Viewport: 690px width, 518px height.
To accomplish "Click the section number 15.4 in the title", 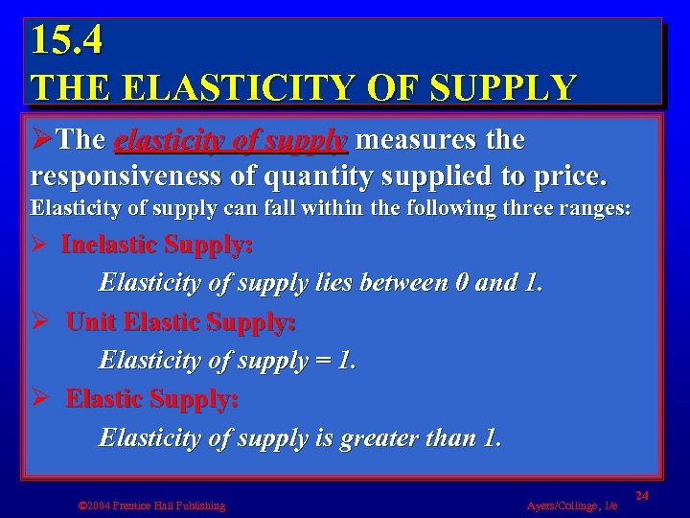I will coord(66,40).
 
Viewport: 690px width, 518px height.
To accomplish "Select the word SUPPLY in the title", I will coord(504,88).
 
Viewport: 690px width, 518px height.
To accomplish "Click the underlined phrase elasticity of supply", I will coord(230,141).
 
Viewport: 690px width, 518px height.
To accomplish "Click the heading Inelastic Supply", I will coord(157,246).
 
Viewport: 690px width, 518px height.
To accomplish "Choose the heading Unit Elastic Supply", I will coord(180,322).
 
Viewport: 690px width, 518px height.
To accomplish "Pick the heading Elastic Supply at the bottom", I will coord(152,399).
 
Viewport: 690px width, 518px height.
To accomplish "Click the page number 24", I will coord(642,493).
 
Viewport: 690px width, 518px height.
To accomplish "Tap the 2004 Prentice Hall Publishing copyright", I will coord(151,506).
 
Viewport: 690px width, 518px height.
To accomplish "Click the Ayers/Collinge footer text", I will coord(572,506).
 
